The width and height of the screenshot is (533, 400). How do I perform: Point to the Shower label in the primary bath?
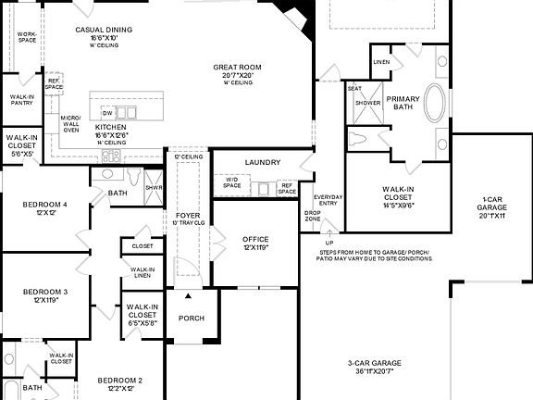[x=367, y=103]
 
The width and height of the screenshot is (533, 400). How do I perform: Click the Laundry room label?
[x=262, y=162]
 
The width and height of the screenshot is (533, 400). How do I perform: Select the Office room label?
[x=255, y=239]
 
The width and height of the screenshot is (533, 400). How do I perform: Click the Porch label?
[x=192, y=319]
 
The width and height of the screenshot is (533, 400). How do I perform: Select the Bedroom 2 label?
[x=120, y=381]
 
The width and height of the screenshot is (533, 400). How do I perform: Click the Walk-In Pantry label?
[x=21, y=100]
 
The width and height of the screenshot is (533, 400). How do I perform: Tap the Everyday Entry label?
[x=328, y=201]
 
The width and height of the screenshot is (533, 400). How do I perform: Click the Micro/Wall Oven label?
[x=70, y=124]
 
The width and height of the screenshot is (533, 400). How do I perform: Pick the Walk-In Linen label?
[x=142, y=272]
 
